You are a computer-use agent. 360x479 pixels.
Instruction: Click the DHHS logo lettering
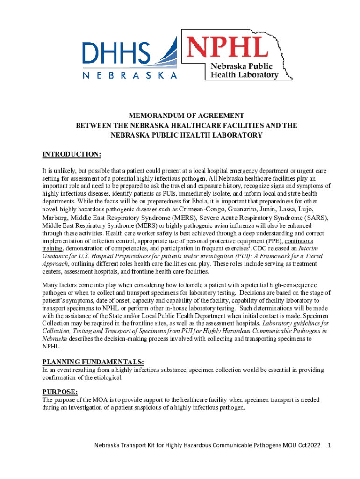click(x=117, y=54)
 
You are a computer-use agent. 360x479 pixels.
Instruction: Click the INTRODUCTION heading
click(x=72, y=155)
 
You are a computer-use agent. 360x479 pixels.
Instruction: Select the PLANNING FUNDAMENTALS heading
click(x=93, y=362)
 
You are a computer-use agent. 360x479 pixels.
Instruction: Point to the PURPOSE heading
click(x=60, y=392)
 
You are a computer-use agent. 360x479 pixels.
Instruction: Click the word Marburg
click(x=55, y=218)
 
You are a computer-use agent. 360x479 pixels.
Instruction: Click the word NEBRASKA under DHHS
click(x=130, y=75)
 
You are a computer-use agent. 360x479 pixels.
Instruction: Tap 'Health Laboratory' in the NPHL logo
click(x=245, y=75)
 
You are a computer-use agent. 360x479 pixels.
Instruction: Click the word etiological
click(x=106, y=378)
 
